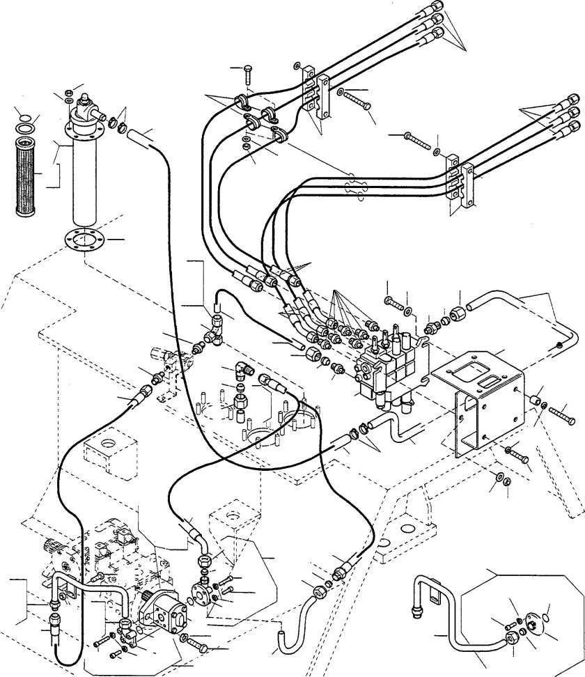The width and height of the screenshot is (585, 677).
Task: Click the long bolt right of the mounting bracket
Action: (x=563, y=416)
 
